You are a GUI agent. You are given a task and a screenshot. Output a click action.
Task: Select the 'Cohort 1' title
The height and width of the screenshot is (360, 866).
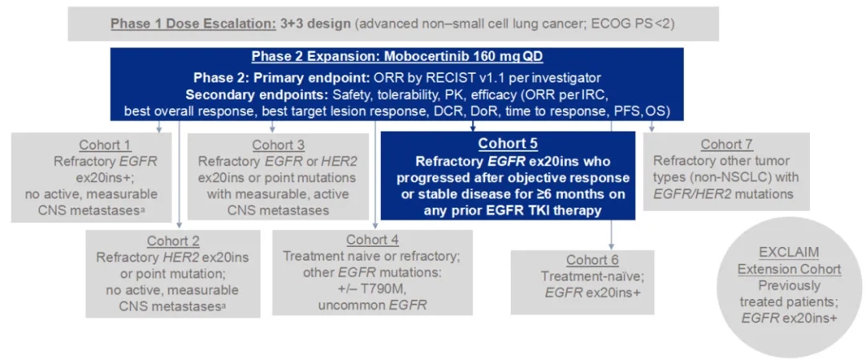pyautogui.click(x=105, y=145)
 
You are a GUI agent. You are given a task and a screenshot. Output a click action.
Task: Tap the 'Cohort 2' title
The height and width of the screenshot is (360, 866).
pyautogui.click(x=173, y=242)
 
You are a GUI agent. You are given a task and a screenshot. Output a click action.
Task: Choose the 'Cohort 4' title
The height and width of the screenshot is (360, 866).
pyautogui.click(x=372, y=241)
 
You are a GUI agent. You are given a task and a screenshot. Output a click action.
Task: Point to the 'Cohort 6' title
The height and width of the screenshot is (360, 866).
pyautogui.click(x=593, y=261)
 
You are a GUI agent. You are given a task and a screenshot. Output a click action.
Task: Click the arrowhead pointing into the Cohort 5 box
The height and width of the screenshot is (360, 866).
pyautogui.click(x=473, y=128)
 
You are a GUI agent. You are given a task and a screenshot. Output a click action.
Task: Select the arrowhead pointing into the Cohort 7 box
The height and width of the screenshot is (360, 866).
pyautogui.click(x=651, y=128)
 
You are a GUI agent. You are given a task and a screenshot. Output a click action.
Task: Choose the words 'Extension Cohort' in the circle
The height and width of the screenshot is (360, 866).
pyautogui.click(x=789, y=269)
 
